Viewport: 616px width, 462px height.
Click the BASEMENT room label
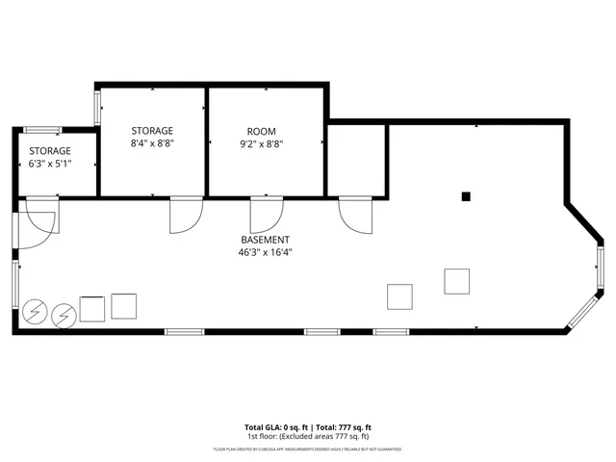point(265,240)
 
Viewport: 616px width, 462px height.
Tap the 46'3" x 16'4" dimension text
point(265,252)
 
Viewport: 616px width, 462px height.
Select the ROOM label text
point(261,131)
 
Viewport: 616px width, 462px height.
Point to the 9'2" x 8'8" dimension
point(261,143)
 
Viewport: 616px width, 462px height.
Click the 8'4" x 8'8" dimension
point(152,143)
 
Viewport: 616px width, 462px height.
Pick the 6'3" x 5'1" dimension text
point(50,165)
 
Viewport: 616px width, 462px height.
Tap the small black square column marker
point(465,196)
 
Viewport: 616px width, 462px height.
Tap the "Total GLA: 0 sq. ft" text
point(277,426)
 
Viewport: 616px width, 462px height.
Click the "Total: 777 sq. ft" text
point(342,426)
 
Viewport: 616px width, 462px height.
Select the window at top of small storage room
point(42,130)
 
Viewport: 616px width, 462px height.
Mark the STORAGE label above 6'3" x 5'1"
point(50,151)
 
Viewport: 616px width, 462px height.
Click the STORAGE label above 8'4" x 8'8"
point(152,131)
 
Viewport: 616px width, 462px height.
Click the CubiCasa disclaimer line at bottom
point(308,449)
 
